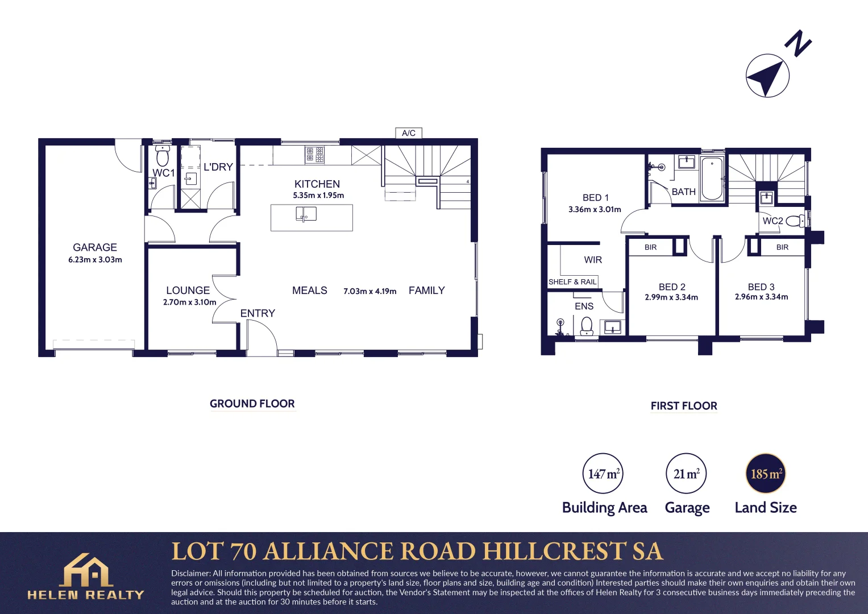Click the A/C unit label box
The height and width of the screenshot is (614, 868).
pyautogui.click(x=409, y=133)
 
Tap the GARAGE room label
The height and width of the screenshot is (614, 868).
pyautogui.click(x=95, y=247)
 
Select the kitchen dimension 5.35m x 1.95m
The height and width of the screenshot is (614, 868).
pyautogui.click(x=318, y=195)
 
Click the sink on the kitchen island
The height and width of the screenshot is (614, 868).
pyautogui.click(x=306, y=214)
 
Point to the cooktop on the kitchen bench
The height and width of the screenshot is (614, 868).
pyautogui.click(x=314, y=155)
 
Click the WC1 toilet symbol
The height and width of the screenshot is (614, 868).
pyautogui.click(x=163, y=156)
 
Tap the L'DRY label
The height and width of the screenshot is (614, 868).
pyautogui.click(x=218, y=167)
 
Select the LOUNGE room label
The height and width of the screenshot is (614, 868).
pyautogui.click(x=188, y=290)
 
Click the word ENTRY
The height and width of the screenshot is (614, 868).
pyautogui.click(x=258, y=313)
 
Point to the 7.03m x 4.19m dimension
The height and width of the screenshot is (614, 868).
pyautogui.click(x=369, y=291)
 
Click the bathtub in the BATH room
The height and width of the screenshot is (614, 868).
pyautogui.click(x=712, y=179)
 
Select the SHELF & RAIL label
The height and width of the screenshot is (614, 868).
pyautogui.click(x=572, y=282)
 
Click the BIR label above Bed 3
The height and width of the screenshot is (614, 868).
pyautogui.click(x=782, y=247)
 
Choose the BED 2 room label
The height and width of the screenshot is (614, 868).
pyautogui.click(x=672, y=287)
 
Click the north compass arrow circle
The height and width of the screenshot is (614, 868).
pyautogui.click(x=767, y=76)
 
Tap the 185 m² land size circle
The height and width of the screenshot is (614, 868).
pyautogui.click(x=765, y=474)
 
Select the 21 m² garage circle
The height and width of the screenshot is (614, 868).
pyautogui.click(x=686, y=474)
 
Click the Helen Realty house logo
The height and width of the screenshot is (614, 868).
pyautogui.click(x=86, y=570)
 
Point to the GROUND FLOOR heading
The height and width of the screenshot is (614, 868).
pyautogui.click(x=252, y=404)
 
